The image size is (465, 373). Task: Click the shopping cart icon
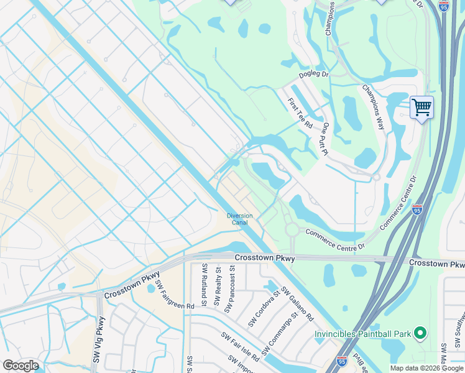coord(421,108)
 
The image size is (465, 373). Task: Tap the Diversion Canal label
coord(239,219)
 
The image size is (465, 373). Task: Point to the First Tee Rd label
coord(300,113)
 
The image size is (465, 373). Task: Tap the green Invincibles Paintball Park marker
coord(420,334)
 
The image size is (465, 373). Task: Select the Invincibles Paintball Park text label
coord(362,334)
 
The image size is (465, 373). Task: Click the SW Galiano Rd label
coord(297,305)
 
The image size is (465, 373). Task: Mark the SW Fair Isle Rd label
coord(240,346)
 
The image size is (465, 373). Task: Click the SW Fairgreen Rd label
coord(175,295)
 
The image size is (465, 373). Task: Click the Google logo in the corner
coord(21,366)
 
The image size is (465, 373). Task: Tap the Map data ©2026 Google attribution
coord(426,368)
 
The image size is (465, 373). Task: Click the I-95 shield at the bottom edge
coord(341,360)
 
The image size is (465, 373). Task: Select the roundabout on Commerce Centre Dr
coord(292,230)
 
